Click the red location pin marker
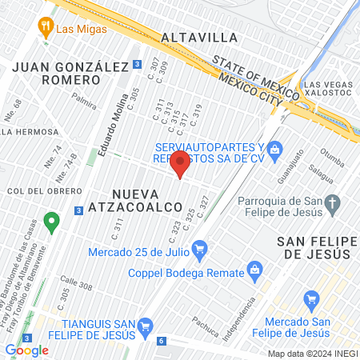pyautogui.click(x=180, y=163)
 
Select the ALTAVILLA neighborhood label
pyautogui.click(x=199, y=38)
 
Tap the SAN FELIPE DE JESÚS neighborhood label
pyautogui.click(x=314, y=247)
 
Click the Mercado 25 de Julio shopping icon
pyautogui.click(x=199, y=250)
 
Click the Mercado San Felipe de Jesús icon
pyautogui.click(x=312, y=301)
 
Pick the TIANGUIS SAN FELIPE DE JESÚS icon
pyautogui.click(x=145, y=326)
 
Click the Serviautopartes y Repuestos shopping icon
pyautogui.click(x=274, y=149)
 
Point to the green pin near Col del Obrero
pyautogui.click(x=52, y=219)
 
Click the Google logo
pyautogui.click(x=26, y=350)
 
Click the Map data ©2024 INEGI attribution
pyautogui.click(x=311, y=354)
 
